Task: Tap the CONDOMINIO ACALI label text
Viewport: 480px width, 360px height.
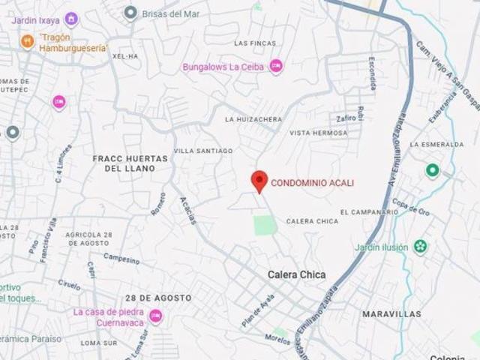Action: [312, 182]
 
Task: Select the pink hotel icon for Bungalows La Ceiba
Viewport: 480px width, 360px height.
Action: [276, 67]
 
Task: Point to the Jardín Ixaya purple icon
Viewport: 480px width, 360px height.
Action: [70, 18]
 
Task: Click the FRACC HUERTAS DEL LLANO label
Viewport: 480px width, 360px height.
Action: [124, 163]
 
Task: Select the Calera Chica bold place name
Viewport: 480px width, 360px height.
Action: [297, 275]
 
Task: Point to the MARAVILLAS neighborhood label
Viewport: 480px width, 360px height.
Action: [391, 314]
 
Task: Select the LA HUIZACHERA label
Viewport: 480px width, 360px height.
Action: [253, 119]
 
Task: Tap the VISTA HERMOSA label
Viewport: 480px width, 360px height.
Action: [319, 133]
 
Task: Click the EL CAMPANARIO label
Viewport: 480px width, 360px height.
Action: [364, 212]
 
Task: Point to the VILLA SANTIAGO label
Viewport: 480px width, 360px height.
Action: [203, 151]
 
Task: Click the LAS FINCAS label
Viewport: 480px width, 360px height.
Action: [251, 43]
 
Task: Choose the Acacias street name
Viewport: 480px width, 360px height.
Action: [188, 211]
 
